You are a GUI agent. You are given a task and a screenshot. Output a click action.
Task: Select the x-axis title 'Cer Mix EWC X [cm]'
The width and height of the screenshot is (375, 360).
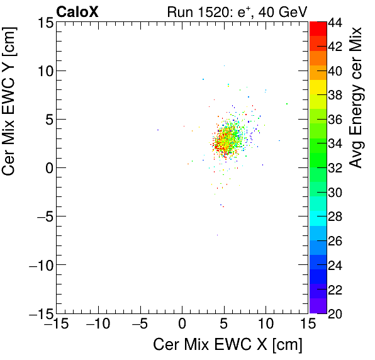pyautogui.click(x=228, y=345)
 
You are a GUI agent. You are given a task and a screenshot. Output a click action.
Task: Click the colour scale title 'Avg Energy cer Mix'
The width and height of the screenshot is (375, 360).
pyautogui.click(x=357, y=98)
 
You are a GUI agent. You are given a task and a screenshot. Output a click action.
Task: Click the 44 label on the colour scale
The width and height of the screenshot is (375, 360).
pyautogui.click(x=335, y=22)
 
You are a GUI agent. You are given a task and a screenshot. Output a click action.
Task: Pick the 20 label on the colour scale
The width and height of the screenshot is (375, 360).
pyautogui.click(x=335, y=313)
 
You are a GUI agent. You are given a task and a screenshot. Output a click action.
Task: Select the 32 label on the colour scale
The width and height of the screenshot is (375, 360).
pyautogui.click(x=335, y=167)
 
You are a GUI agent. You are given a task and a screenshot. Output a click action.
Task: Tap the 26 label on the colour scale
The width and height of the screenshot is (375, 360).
pyautogui.click(x=335, y=240)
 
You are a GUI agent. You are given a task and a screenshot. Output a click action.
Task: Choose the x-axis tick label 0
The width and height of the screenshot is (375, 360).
pyautogui.click(x=182, y=325)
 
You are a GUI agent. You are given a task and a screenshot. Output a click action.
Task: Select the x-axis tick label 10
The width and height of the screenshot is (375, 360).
pyautogui.click(x=266, y=325)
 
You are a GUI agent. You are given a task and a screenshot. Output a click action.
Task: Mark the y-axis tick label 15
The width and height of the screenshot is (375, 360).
pyautogui.click(x=44, y=22)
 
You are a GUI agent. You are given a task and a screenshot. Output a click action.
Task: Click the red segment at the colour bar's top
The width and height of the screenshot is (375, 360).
pyautogui.click(x=317, y=28)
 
